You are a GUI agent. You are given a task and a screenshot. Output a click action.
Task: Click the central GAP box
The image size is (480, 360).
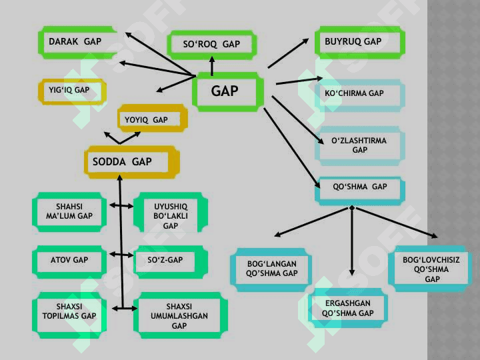(228, 91)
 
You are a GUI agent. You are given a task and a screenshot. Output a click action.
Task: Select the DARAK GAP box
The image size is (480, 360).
(77, 42)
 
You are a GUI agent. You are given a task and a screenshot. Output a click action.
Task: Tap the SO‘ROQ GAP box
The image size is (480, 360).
(211, 45)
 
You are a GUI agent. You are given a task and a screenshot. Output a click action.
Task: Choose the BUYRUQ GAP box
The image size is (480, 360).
(360, 42)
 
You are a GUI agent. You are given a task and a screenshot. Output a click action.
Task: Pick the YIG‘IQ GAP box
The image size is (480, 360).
(72, 91)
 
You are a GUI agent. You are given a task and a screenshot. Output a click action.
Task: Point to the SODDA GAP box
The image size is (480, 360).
(131, 162)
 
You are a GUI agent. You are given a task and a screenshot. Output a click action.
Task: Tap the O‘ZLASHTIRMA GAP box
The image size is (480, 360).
(360, 146)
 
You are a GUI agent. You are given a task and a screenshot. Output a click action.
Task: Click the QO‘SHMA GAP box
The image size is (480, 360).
(360, 191)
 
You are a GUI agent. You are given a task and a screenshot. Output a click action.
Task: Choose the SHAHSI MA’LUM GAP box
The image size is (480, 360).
(69, 212)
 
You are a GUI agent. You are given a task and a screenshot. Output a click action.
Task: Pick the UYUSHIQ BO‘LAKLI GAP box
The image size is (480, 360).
(171, 212)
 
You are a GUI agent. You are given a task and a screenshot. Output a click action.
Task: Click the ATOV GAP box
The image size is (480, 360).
(69, 262)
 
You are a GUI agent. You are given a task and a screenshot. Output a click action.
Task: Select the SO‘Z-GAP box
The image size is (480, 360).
(171, 262)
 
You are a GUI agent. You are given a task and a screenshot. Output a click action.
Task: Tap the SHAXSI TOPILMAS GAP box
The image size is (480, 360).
(69, 315)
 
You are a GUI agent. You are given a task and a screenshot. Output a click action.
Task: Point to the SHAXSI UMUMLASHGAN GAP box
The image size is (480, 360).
(180, 315)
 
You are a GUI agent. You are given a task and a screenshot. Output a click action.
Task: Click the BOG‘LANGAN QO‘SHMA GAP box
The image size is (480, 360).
(271, 270)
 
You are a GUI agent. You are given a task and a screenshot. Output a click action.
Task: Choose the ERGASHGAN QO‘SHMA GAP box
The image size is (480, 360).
(348, 307)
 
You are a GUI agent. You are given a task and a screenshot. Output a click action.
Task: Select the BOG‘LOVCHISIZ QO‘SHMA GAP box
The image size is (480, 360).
(430, 269)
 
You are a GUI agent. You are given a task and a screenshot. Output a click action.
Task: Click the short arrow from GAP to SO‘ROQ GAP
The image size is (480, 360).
(212, 66)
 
